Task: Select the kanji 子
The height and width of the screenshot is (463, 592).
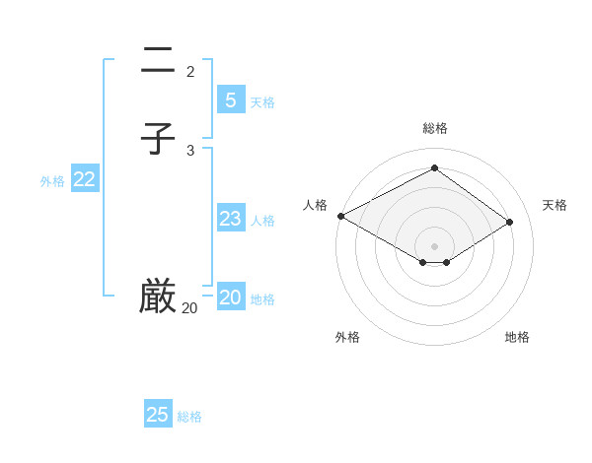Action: [x=158, y=138]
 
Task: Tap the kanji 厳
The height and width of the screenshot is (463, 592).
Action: [x=158, y=296]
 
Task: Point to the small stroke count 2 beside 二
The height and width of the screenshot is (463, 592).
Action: [x=190, y=71]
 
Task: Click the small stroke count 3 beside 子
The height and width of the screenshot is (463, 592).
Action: [x=190, y=150]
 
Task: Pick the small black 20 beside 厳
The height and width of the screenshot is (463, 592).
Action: [x=189, y=308]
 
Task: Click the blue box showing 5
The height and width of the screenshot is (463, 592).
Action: [x=230, y=99]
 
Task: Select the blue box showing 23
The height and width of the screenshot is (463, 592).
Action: [x=230, y=219]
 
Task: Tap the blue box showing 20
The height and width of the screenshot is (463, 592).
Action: [x=230, y=298]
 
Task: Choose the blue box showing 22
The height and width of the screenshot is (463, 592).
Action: [x=84, y=179]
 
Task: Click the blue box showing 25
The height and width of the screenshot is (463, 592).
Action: [x=158, y=415]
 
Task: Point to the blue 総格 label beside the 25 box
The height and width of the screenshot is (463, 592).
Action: [x=189, y=417]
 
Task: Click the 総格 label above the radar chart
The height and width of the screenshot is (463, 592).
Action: [x=435, y=128]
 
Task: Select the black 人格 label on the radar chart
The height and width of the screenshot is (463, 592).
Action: [x=315, y=205]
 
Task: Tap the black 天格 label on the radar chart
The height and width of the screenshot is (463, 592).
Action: [x=555, y=205]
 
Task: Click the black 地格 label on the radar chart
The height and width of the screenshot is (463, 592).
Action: [x=517, y=337]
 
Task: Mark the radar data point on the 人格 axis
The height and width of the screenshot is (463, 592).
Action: [x=340, y=216]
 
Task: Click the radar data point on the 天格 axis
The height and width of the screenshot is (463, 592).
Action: [x=510, y=222]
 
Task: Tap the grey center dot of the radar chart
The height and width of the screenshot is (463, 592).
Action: [x=435, y=245]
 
